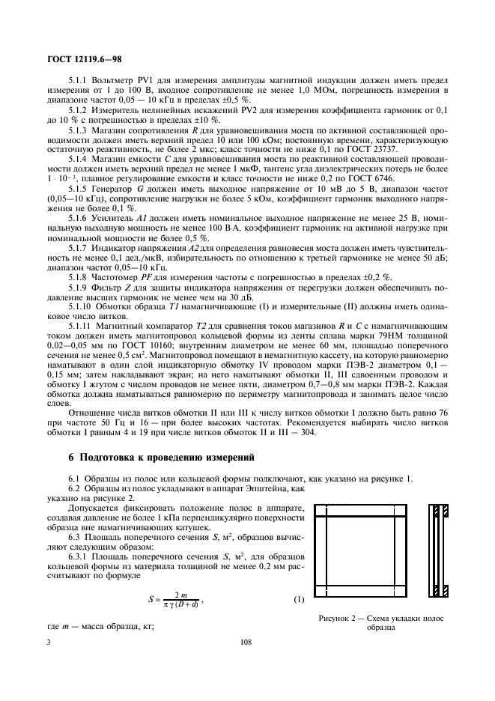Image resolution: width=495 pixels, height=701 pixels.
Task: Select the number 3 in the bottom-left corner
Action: click(x=48, y=642)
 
